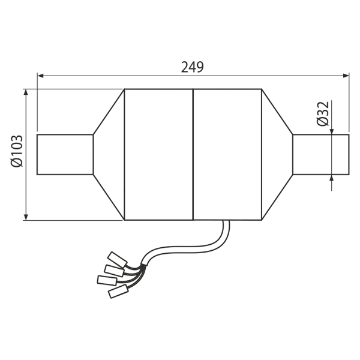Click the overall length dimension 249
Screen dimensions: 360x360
pyautogui.click(x=193, y=67)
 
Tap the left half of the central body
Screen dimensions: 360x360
pyautogui.click(x=157, y=154)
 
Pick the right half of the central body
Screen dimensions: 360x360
pyautogui.click(x=227, y=154)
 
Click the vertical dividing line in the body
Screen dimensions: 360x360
pyautogui.click(x=192, y=154)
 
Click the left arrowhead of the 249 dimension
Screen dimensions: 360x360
pyautogui.click(x=40, y=75)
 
